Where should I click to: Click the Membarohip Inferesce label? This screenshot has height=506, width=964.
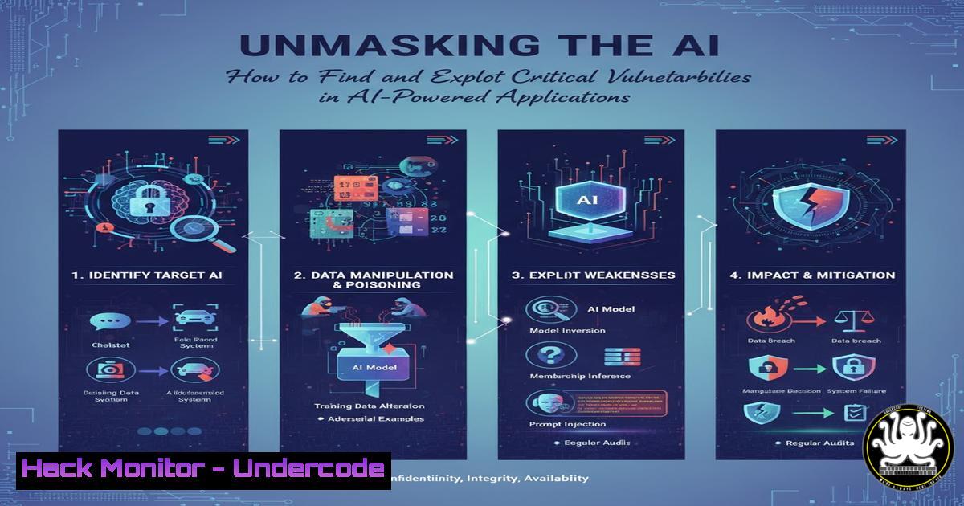coord(580,376)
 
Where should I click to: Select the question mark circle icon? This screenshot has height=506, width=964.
coord(542,355)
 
